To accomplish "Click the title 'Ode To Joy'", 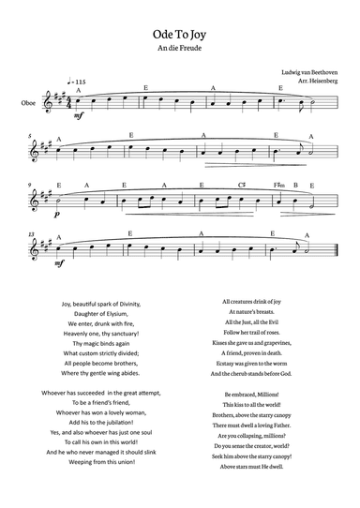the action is click(180, 32).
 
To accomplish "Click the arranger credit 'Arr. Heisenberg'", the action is click(314, 82).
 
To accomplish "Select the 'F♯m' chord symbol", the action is click(279, 185).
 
